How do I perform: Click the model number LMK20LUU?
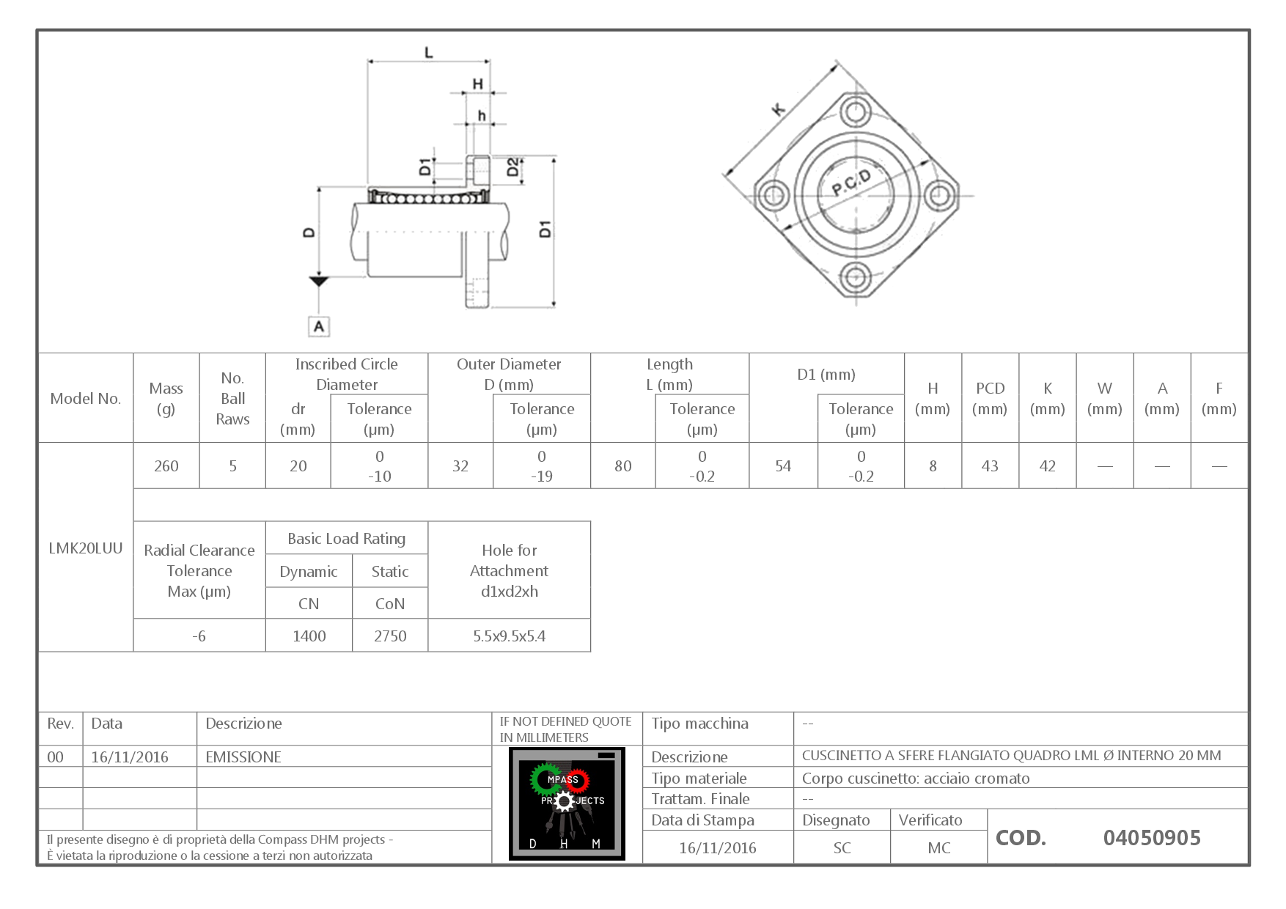click(85, 548)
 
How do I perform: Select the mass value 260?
click(166, 466)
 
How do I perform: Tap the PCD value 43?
click(990, 466)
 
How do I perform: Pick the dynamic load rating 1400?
click(309, 636)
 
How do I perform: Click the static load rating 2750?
click(390, 636)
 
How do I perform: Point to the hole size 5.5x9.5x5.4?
click(509, 636)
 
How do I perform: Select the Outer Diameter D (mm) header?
click(509, 374)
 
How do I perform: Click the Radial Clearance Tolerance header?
click(199, 570)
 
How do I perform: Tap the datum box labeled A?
click(318, 326)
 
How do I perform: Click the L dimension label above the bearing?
click(429, 53)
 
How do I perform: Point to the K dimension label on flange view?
click(779, 111)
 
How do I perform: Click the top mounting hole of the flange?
click(855, 113)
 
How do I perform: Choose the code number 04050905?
click(1151, 837)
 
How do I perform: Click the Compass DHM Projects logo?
click(567, 803)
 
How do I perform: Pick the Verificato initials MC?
click(938, 848)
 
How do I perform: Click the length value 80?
click(622, 466)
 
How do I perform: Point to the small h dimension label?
click(482, 116)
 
